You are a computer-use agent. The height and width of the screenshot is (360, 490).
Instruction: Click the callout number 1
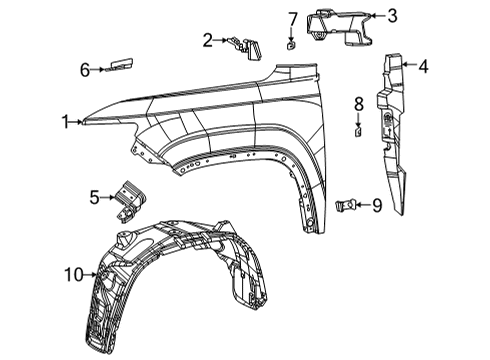(65, 122)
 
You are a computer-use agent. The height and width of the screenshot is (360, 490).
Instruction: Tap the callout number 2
(207, 41)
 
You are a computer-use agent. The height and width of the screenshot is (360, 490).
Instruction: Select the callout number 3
(392, 16)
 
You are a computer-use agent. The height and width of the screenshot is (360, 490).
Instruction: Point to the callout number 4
(424, 68)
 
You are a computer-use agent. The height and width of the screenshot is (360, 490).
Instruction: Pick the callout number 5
(94, 198)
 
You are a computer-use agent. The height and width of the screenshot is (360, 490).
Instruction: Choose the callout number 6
(85, 69)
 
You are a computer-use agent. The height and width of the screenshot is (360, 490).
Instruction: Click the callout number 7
(292, 19)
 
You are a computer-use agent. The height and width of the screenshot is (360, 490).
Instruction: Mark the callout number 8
(358, 104)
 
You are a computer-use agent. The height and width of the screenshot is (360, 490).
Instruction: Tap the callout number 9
(377, 205)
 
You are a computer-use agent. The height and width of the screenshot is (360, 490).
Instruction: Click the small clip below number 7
(291, 44)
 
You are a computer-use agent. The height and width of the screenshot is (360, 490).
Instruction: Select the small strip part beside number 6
(117, 65)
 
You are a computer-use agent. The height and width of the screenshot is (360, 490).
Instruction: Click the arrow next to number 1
(80, 122)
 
